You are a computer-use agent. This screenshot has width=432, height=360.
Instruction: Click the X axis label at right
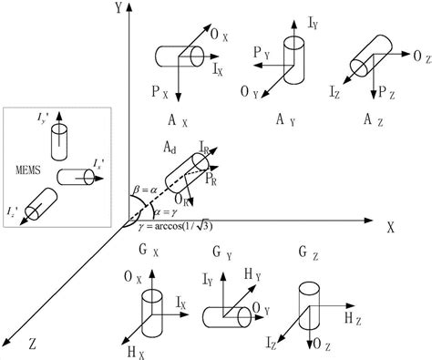[391, 228]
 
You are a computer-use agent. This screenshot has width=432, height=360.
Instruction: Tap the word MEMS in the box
[29, 170]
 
